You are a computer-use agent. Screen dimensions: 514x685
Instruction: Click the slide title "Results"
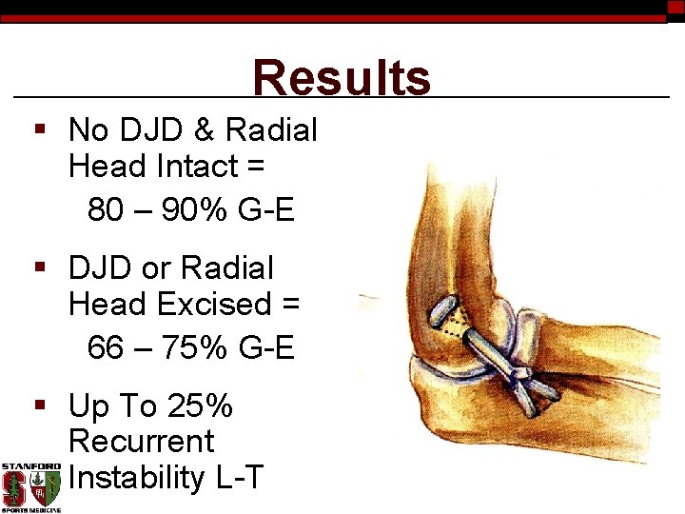pyautogui.click(x=342, y=78)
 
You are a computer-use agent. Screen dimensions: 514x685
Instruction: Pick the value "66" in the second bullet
pyautogui.click(x=105, y=348)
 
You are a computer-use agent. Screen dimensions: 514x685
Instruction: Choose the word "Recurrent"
pyautogui.click(x=142, y=442)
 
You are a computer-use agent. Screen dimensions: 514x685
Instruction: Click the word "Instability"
pyautogui.click(x=137, y=476)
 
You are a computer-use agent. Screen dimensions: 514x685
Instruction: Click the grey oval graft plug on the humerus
pyautogui.click(x=442, y=313)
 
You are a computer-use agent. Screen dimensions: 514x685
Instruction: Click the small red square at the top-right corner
pyautogui.click(x=675, y=7)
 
